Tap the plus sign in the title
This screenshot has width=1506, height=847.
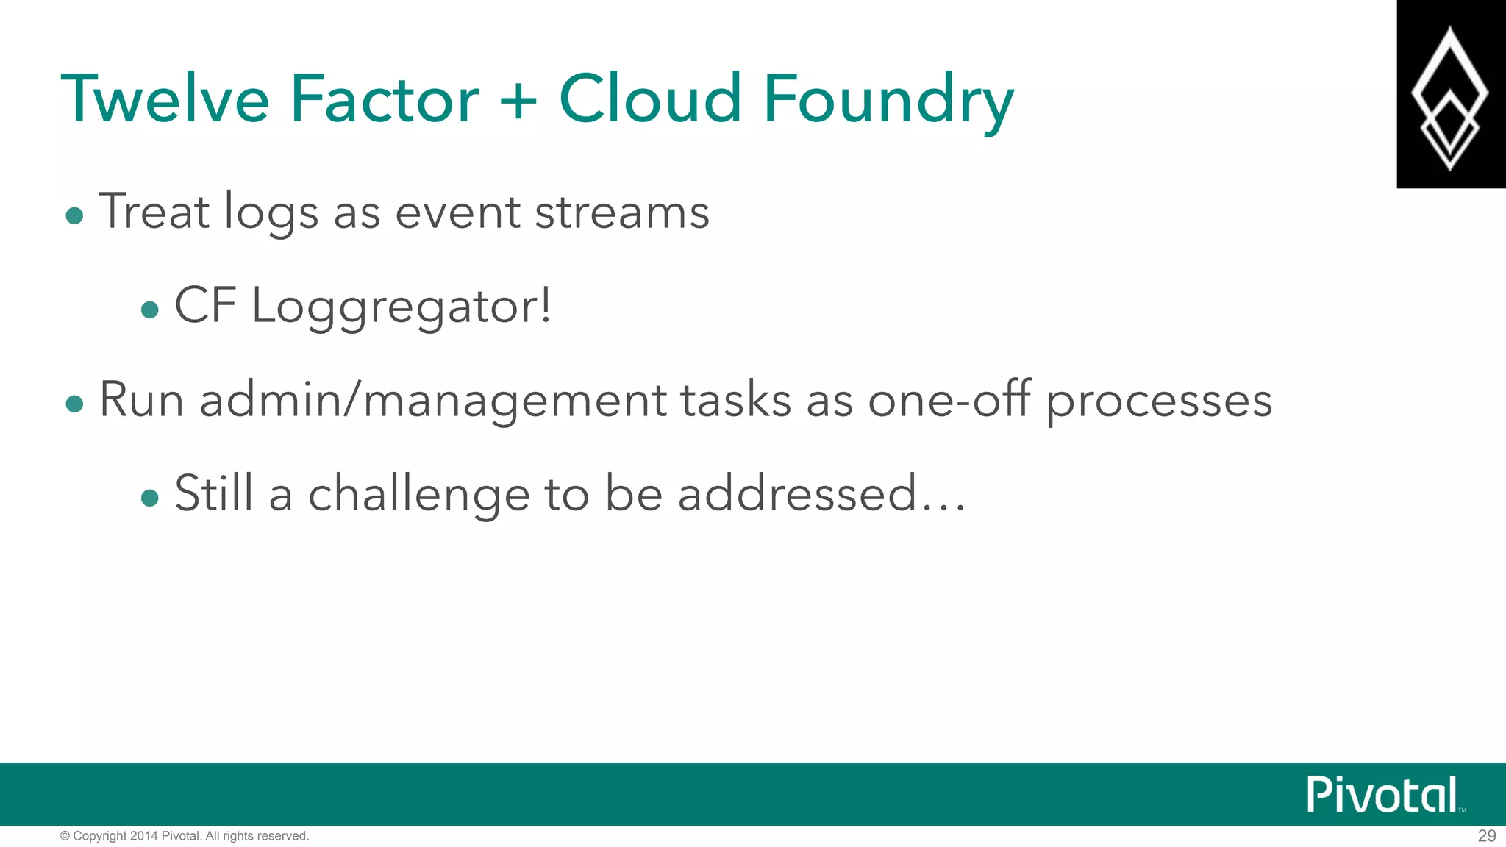518,100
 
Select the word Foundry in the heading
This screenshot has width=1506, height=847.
888,100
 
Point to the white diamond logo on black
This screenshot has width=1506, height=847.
1449,96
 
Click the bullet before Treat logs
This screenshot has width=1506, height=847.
74,215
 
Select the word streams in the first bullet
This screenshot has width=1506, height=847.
621,212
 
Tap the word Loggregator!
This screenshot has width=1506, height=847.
402,307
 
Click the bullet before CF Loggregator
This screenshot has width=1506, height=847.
150,310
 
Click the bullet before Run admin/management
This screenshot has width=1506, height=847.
74,404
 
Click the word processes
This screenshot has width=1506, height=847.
1159,402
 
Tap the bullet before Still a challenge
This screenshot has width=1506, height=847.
150,498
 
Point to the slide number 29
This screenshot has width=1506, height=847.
1486,836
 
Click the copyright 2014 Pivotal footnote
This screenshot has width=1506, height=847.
185,836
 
